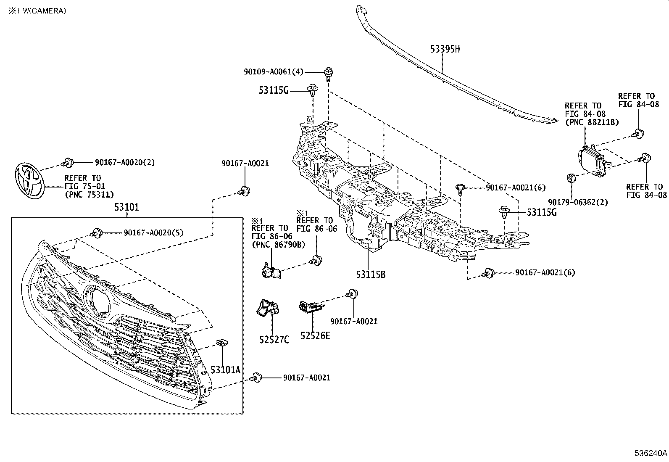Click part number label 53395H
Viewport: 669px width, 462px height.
click(x=445, y=49)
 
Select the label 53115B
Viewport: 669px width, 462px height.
click(x=370, y=275)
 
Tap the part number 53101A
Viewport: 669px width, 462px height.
click(x=225, y=370)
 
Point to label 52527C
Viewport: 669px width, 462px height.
click(x=274, y=339)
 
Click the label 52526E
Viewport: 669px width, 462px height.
click(x=315, y=335)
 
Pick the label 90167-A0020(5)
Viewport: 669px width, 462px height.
click(x=153, y=232)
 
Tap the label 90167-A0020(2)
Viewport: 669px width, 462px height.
click(x=125, y=162)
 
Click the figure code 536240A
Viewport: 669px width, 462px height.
click(x=651, y=454)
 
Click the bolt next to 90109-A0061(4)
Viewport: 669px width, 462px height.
click(x=328, y=73)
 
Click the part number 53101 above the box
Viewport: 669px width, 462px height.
click(x=126, y=207)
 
